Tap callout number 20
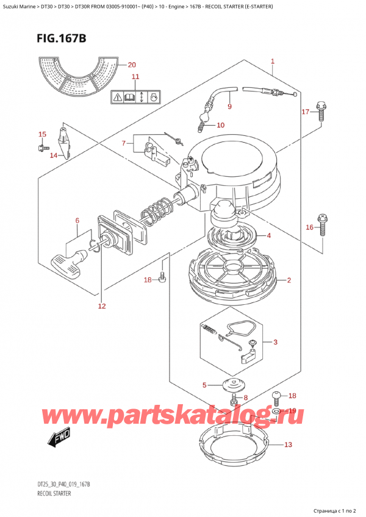click(x=132, y=65)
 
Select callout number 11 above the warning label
click(x=135, y=77)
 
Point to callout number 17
click(x=306, y=112)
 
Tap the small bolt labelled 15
click(x=41, y=147)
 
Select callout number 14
click(x=54, y=155)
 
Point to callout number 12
click(x=101, y=305)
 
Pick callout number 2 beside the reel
click(x=289, y=280)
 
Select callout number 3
click(x=275, y=342)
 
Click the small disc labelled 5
click(x=232, y=385)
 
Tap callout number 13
click(x=288, y=445)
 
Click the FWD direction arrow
click(x=59, y=436)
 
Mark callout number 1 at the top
click(x=273, y=61)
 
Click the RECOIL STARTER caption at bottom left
click(x=54, y=492)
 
